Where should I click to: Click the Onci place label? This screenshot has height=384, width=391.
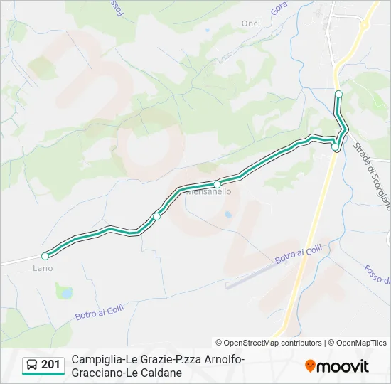[x=251, y=23]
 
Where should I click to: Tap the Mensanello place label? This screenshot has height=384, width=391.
[x=208, y=191]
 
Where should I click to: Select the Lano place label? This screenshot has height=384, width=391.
[x=43, y=268]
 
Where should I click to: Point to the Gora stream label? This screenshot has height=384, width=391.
[x=280, y=9]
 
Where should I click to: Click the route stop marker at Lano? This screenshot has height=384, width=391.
[x=45, y=256]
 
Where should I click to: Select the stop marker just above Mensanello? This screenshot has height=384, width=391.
[x=218, y=184]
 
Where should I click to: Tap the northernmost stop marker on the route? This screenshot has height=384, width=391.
[x=338, y=94]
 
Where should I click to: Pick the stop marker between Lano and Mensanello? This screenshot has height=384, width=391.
[x=156, y=216]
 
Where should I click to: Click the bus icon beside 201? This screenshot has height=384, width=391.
[x=32, y=366]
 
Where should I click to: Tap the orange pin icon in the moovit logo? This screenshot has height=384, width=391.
[x=310, y=366]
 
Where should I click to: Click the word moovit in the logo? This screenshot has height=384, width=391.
[x=343, y=366]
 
